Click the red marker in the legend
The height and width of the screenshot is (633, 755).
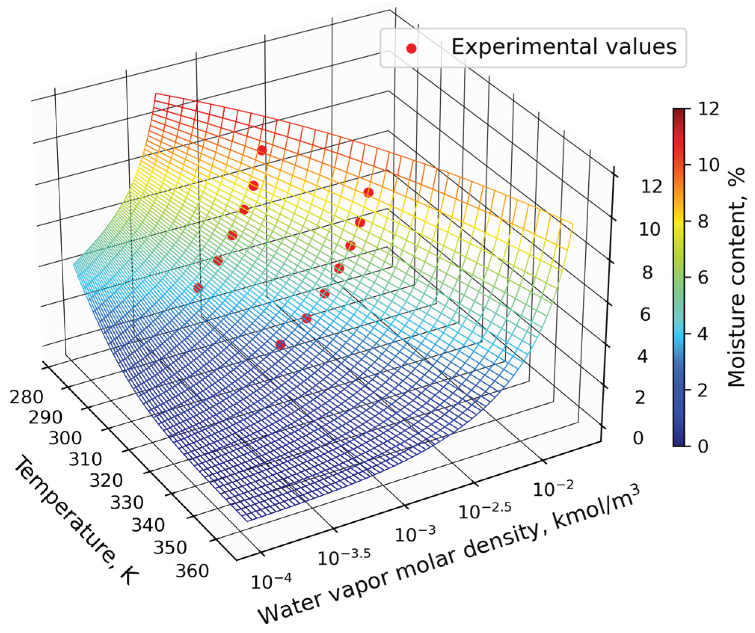[411, 49]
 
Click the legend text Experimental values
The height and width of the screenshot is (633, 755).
[564, 47]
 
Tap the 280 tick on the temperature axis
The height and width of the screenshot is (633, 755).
[26, 397]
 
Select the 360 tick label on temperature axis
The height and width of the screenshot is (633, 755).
[192, 571]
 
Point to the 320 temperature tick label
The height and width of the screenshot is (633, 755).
[106, 481]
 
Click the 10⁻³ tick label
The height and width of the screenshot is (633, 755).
[415, 534]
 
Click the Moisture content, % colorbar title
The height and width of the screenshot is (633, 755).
[736, 277]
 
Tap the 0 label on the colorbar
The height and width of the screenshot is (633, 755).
[703, 446]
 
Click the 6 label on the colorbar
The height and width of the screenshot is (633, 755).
[703, 278]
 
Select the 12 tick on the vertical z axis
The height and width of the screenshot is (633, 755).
[651, 186]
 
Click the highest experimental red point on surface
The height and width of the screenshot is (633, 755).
[262, 151]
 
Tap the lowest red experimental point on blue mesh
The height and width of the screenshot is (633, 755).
[280, 345]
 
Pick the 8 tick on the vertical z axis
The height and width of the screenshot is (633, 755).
[647, 273]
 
